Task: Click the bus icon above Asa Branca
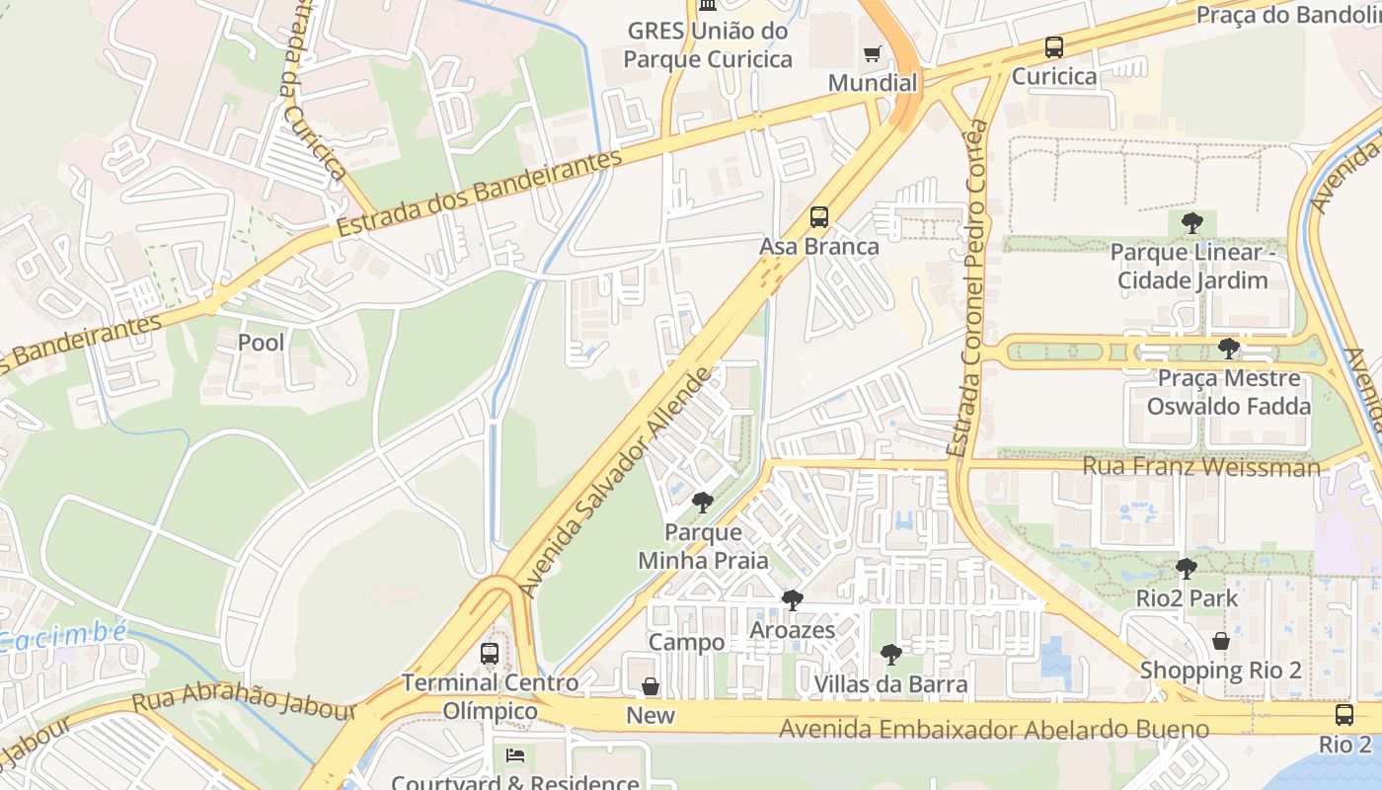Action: click(818, 217)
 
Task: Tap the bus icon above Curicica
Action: click(1054, 47)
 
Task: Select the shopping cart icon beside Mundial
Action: click(872, 54)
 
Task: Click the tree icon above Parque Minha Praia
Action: click(703, 503)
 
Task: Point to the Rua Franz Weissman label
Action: click(1201, 466)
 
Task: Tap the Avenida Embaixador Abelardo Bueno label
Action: click(994, 730)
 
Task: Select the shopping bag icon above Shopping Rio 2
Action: click(1220, 641)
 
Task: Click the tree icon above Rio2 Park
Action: click(1186, 569)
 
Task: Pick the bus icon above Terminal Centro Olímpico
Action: click(489, 653)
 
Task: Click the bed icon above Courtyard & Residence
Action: click(514, 755)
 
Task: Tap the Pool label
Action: click(262, 343)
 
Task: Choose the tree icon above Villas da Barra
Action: click(890, 654)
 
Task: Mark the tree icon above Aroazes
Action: click(792, 600)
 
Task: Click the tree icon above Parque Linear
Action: click(1192, 222)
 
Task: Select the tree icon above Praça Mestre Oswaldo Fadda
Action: click(1228, 348)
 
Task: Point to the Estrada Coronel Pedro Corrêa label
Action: click(967, 288)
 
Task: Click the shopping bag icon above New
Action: click(651, 686)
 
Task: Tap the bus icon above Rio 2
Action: click(1344, 715)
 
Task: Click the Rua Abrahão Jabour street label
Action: click(244, 704)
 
